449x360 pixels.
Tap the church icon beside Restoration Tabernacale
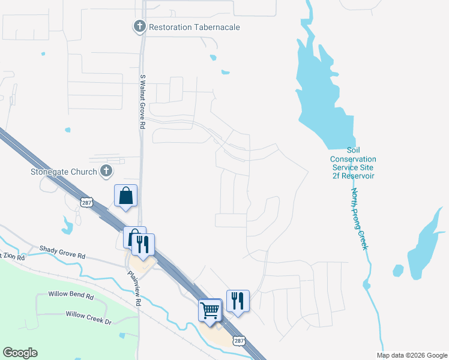click(139, 26)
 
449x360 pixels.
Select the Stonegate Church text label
click(64, 172)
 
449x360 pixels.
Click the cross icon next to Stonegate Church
click(106, 172)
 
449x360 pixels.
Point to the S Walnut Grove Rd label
click(143, 102)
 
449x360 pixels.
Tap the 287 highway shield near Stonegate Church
click(88, 203)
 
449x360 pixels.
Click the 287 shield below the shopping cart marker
click(239, 341)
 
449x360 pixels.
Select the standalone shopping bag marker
click(126, 196)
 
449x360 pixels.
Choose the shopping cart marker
click(210, 310)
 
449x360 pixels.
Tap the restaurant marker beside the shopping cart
click(238, 301)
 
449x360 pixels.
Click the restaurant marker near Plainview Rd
click(144, 244)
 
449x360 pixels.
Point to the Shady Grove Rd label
click(62, 252)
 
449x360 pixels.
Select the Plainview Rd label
click(133, 287)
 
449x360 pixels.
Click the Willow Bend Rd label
click(73, 296)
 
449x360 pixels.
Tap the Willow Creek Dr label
click(89, 318)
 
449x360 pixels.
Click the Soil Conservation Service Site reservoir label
click(352, 163)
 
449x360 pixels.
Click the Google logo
click(20, 353)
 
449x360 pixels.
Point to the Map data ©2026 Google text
click(411, 355)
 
